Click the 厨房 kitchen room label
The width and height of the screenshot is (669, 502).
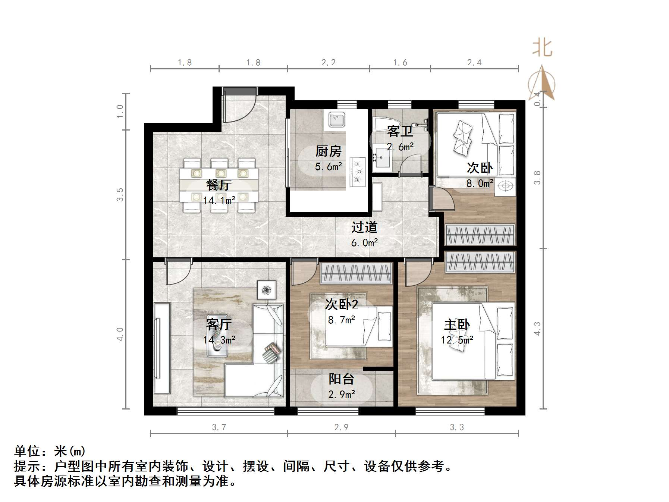[x=328, y=151]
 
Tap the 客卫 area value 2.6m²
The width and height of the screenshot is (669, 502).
[x=400, y=147]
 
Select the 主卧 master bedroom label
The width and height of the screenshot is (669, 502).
[x=457, y=324]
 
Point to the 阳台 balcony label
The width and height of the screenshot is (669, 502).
[x=341, y=379]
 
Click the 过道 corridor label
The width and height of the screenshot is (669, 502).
[x=364, y=227]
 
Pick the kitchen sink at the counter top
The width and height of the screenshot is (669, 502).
[x=337, y=120]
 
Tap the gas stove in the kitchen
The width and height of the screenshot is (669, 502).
[x=358, y=172]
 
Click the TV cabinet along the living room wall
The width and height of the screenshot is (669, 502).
[x=162, y=348]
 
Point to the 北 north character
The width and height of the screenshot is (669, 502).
[x=541, y=48]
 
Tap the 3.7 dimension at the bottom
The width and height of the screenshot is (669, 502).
[x=219, y=427]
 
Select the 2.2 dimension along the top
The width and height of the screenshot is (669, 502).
[x=329, y=63]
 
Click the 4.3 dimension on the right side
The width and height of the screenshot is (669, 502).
[x=537, y=328]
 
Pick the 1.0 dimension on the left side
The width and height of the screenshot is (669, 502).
[x=120, y=111]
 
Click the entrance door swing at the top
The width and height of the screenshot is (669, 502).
[x=239, y=106]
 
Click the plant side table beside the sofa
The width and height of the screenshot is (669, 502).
[x=266, y=289]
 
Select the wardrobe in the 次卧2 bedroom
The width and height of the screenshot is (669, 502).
[x=356, y=273]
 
